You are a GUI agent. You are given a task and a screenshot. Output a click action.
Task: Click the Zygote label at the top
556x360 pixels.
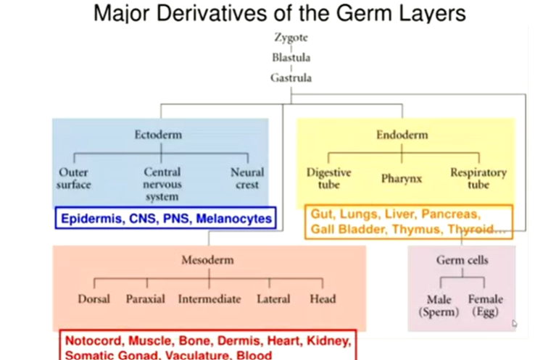291,38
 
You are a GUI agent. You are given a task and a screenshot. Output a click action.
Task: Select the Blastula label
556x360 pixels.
291,58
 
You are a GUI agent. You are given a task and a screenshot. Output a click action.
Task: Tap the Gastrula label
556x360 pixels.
291,78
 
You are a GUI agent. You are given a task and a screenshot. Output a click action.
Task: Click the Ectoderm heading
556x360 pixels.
158,135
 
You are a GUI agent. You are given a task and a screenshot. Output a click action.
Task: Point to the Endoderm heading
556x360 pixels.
402,135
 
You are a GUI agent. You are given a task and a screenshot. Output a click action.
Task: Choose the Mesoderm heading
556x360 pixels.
208,260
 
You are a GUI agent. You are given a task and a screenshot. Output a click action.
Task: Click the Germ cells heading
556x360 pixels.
462,259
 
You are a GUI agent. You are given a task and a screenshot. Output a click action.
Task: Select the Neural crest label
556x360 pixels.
247,178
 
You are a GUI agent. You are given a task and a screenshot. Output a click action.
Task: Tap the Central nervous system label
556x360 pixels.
162,184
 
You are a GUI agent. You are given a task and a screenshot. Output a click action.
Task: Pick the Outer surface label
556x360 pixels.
75,178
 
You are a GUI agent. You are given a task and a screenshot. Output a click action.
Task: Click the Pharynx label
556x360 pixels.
402,177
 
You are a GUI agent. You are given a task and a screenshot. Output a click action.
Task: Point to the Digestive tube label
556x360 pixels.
328,178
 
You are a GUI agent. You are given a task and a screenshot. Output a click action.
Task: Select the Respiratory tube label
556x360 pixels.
478,178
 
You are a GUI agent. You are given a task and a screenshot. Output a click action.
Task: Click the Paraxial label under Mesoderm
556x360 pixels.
145,298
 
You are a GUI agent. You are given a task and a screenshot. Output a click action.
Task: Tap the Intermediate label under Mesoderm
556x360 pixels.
209,298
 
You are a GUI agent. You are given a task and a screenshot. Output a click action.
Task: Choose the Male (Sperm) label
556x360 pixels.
439,305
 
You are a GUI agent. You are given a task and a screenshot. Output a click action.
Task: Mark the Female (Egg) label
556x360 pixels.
485,305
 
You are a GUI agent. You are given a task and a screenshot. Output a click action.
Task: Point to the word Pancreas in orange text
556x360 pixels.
449,214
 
